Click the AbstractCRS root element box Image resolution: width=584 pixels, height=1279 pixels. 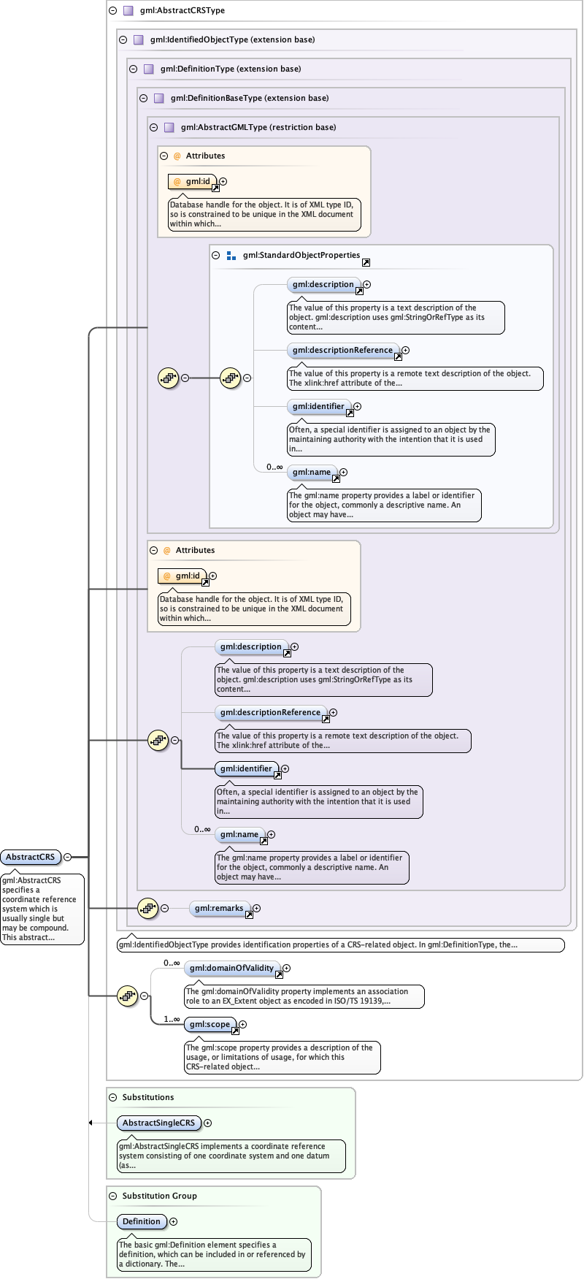30,857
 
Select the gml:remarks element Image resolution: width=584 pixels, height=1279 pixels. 218,908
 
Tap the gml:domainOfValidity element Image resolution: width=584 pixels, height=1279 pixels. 231,968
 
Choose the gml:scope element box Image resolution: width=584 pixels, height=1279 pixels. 210,1024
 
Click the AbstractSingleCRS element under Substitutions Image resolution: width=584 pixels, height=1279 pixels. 158,1123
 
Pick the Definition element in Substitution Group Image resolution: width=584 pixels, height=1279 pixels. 141,1221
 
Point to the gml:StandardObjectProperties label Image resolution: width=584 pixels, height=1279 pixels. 301,255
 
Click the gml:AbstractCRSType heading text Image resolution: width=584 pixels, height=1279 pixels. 182,10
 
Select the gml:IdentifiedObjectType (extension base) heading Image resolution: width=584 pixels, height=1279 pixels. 232,39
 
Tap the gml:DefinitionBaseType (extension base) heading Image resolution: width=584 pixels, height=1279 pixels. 250,98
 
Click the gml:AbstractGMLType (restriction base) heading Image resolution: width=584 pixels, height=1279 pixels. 258,127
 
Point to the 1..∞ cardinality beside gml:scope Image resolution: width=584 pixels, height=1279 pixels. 172,1019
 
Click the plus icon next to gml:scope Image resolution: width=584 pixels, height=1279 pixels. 243,1025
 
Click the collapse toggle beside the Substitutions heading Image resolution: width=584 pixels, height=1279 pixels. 112,1097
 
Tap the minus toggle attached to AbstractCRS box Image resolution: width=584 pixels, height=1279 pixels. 68,857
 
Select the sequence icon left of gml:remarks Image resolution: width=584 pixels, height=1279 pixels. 147,908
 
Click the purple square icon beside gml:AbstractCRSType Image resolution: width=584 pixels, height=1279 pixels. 128,10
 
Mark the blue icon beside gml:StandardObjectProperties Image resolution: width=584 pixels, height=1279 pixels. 231,256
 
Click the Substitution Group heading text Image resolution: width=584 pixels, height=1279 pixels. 159,1196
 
